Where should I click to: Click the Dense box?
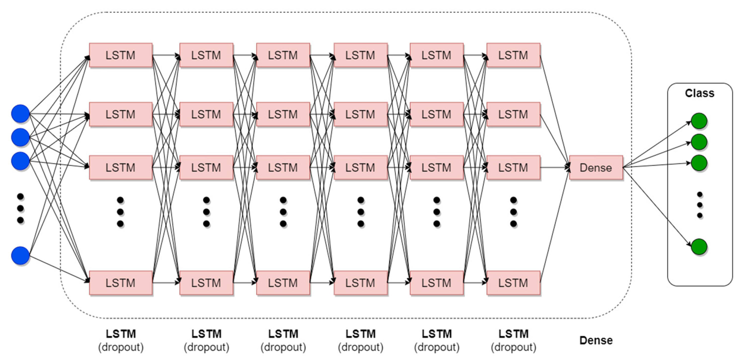pyautogui.click(x=596, y=167)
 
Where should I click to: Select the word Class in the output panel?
pyautogui.click(x=699, y=93)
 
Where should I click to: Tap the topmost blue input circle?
pyautogui.click(x=20, y=113)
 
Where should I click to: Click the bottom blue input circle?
pyautogui.click(x=20, y=255)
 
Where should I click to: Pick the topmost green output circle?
pyautogui.click(x=699, y=121)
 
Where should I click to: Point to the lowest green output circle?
pyautogui.click(x=699, y=247)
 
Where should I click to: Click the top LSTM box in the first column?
pyautogui.click(x=120, y=55)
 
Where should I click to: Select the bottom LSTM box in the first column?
pyautogui.click(x=120, y=283)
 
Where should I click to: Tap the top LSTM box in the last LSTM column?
pyautogui.click(x=513, y=55)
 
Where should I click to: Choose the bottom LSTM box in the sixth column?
pyautogui.click(x=513, y=283)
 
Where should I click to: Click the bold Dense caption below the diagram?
pyautogui.click(x=596, y=340)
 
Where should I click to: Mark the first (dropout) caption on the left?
pyautogui.click(x=120, y=347)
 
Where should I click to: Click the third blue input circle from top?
pyautogui.click(x=20, y=161)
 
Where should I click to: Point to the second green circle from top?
pyautogui.click(x=699, y=142)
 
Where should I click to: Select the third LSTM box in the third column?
pyautogui.click(x=283, y=167)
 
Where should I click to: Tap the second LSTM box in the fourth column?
pyautogui.click(x=360, y=114)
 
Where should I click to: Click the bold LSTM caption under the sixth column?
pyautogui.click(x=513, y=334)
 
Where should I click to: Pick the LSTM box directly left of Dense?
pyautogui.click(x=513, y=167)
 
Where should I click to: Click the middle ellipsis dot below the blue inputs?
pyautogui.click(x=20, y=208)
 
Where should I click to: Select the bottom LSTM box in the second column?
pyautogui.click(x=206, y=283)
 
